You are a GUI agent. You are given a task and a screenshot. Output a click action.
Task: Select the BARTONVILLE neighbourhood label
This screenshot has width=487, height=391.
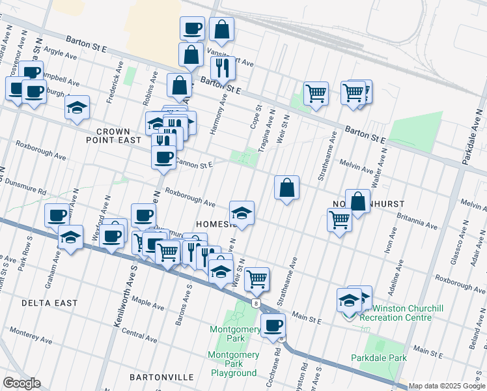point(161,377)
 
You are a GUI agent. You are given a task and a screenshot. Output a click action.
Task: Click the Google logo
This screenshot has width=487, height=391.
point(21,383)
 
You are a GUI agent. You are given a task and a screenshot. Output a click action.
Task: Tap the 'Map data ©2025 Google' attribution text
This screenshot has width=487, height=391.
point(447,386)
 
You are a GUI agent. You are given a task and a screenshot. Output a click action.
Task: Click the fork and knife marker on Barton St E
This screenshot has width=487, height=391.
point(223,67)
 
